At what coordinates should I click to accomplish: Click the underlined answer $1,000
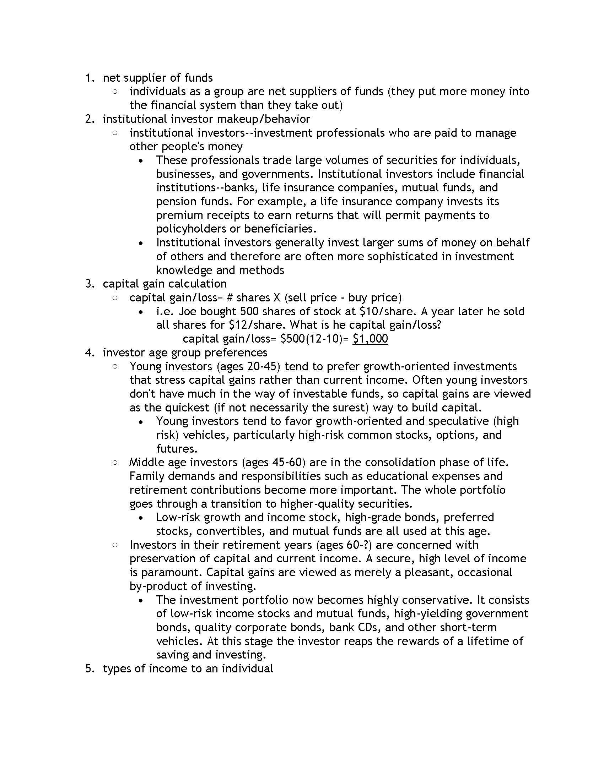click(x=370, y=338)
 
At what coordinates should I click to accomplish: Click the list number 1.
click(x=90, y=78)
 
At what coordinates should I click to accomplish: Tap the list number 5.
click(x=90, y=668)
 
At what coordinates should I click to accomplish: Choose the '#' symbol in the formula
click(x=230, y=297)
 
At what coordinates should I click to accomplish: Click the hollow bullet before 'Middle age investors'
click(x=115, y=463)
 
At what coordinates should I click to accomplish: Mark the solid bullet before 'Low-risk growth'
click(x=142, y=518)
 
